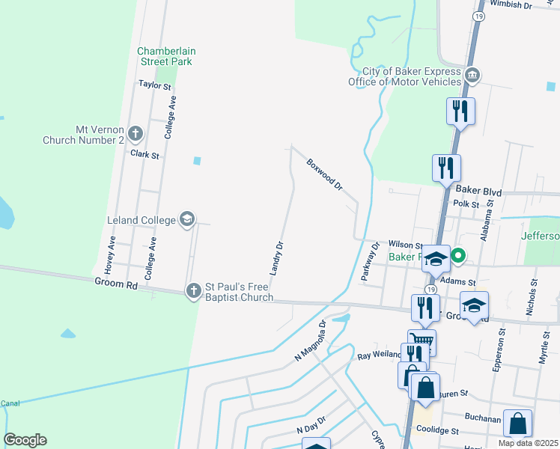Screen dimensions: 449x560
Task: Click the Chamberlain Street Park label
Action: (x=165, y=56)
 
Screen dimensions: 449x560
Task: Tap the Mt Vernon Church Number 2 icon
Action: (x=136, y=134)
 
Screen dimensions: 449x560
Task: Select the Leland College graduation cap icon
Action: (x=187, y=219)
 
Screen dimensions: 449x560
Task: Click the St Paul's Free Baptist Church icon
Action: (x=194, y=290)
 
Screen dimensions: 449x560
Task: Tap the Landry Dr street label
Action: (x=276, y=257)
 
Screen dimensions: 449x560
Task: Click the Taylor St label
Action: (x=155, y=85)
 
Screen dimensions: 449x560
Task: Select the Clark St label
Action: (x=145, y=155)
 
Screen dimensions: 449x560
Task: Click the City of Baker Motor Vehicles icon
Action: (x=472, y=76)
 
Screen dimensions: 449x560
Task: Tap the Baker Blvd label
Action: (x=478, y=191)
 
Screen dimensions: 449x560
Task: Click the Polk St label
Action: (x=466, y=204)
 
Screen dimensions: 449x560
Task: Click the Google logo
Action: (x=25, y=440)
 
